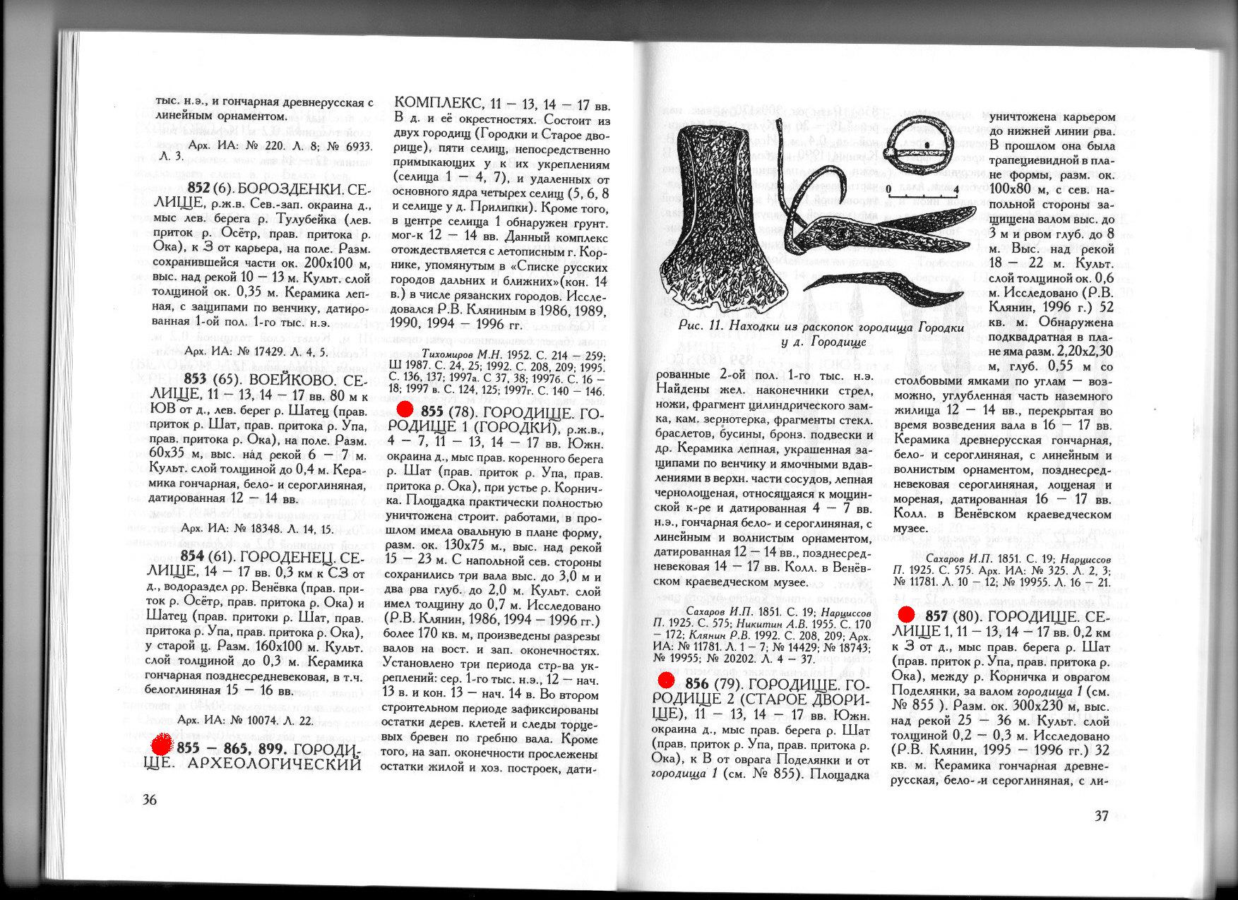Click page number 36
point(150,800)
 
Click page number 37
point(1101,816)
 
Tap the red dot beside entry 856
point(665,680)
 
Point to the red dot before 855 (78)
point(405,410)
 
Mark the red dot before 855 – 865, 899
point(162,745)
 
